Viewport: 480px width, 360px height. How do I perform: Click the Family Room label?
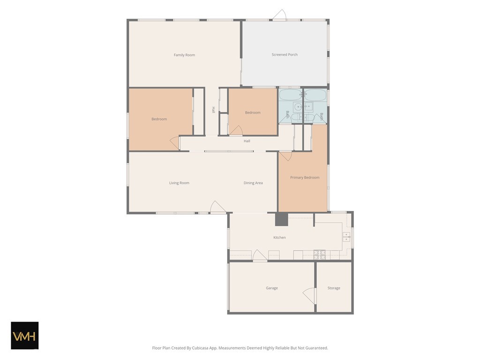point(184,55)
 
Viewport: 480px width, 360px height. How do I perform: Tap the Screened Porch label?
point(285,55)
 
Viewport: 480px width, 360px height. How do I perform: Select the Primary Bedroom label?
point(305,178)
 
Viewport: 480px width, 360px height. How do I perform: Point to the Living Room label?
point(180,183)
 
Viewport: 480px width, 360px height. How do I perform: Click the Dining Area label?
point(253,183)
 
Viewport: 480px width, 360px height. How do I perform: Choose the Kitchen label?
point(279,238)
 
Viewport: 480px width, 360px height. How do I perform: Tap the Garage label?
point(272,288)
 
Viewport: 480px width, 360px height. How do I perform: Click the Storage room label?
point(334,288)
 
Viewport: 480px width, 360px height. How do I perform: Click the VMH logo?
point(25,336)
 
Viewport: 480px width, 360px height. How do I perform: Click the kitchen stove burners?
point(319,255)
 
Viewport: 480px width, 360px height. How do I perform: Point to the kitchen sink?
point(346,237)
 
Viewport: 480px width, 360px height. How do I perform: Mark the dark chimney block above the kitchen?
point(281,219)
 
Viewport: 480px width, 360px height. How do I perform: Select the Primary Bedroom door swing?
point(285,156)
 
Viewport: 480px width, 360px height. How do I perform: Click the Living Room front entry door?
point(217,207)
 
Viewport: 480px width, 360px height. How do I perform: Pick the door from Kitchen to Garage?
point(260,255)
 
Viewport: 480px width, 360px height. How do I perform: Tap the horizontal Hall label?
point(247,141)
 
